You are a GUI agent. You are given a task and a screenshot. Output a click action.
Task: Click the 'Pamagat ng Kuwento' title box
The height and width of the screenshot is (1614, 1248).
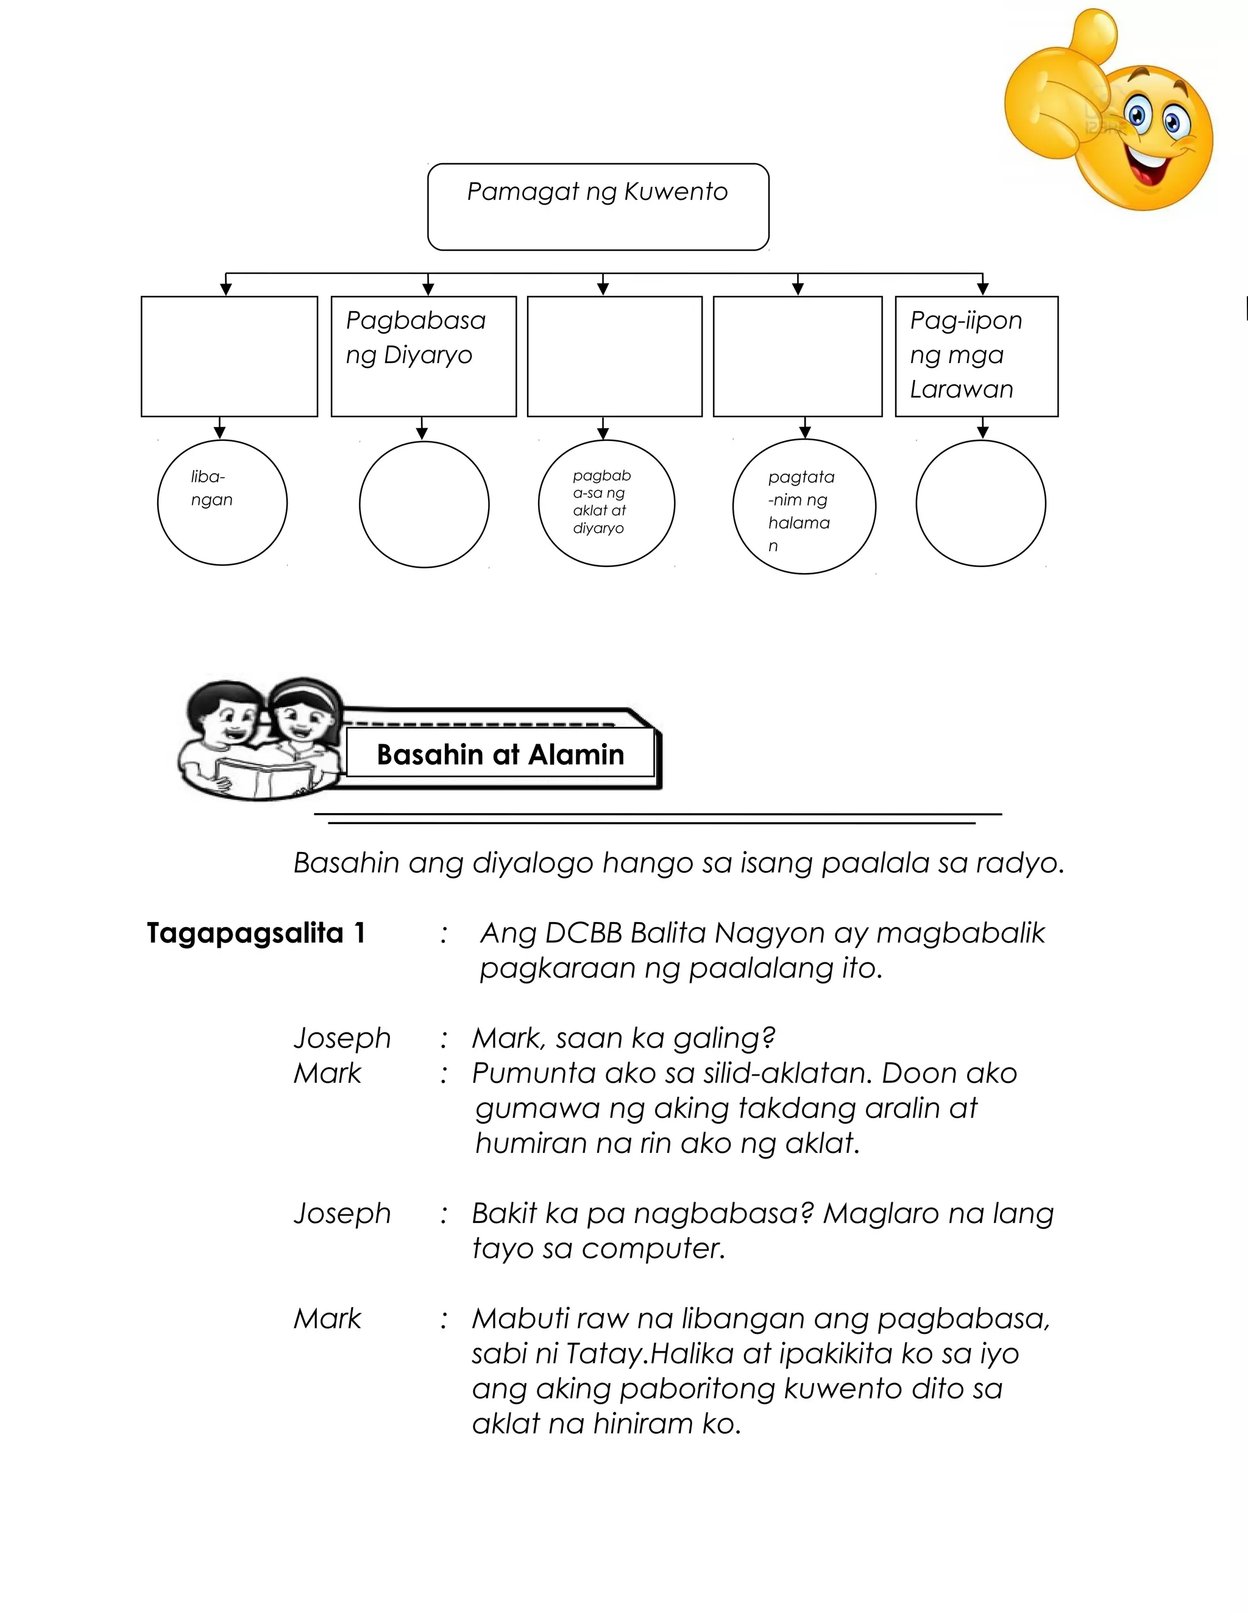(598, 207)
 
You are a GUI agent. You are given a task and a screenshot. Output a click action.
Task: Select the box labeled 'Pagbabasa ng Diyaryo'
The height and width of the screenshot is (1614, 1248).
(424, 356)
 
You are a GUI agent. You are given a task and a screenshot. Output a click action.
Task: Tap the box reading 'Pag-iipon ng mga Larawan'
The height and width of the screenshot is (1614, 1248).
(976, 356)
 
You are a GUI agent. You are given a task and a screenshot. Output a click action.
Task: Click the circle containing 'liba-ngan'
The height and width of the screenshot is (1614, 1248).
(222, 503)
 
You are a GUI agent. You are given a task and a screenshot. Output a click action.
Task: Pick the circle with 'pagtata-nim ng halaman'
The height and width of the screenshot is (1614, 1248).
(804, 507)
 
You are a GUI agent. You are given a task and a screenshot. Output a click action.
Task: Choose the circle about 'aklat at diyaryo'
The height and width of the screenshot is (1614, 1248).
(606, 503)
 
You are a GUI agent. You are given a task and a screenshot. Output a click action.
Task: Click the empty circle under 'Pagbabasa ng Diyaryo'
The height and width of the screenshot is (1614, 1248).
(424, 505)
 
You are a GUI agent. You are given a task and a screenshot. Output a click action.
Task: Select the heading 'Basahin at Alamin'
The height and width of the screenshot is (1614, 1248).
(500, 755)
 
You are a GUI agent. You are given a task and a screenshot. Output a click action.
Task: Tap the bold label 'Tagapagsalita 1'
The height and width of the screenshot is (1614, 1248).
(256, 933)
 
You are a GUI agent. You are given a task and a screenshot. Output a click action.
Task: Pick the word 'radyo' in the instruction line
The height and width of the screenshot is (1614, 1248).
(1019, 862)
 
